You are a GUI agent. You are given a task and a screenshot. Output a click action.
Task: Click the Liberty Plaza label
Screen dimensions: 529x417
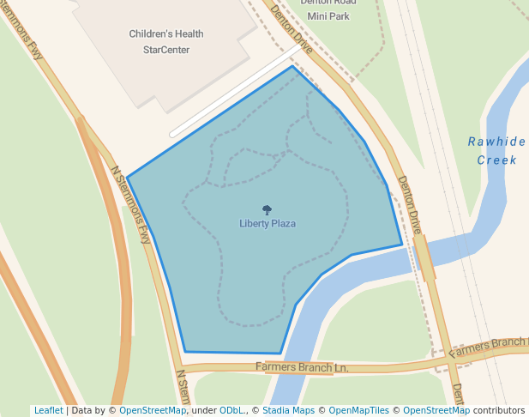tap(268, 224)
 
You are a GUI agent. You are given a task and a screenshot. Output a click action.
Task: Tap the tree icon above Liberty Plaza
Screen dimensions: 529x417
tap(267, 209)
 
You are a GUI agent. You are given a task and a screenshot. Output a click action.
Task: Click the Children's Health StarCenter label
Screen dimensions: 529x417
tap(166, 42)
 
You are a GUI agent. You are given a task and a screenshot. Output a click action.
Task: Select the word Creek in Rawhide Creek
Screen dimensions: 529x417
tap(496, 160)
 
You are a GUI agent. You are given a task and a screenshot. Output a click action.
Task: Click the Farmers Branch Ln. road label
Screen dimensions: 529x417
tap(302, 367)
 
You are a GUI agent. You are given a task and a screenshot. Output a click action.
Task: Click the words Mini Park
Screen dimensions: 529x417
tap(328, 15)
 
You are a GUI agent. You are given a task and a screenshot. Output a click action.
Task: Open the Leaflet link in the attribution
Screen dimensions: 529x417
tap(48, 410)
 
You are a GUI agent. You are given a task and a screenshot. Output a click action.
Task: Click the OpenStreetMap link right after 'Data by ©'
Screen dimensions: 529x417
tap(152, 410)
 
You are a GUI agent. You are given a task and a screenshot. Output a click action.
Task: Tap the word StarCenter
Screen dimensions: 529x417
tap(166, 50)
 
